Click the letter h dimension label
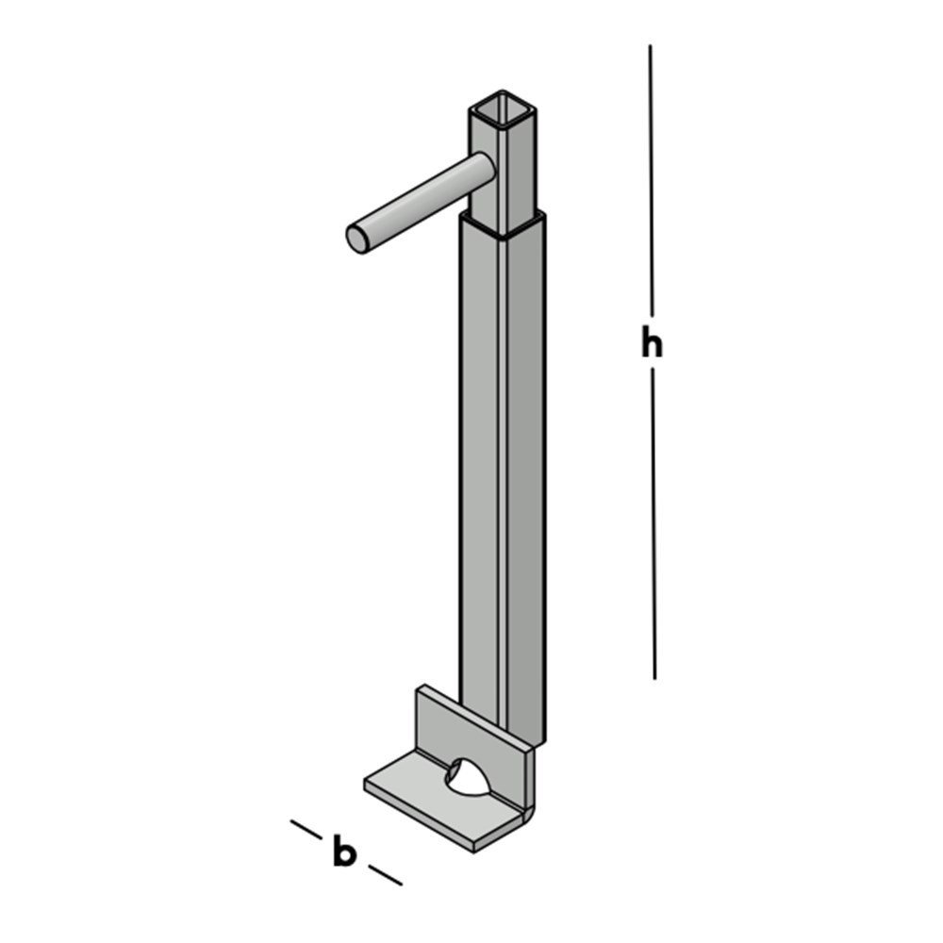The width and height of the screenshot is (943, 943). tap(652, 344)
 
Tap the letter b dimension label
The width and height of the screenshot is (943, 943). tap(344, 852)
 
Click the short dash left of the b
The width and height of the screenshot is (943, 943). tap(306, 830)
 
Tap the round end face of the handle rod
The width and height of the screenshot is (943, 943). tap(358, 239)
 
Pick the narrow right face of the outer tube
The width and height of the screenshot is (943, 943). tap(526, 471)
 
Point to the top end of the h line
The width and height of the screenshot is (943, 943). tap(650, 47)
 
